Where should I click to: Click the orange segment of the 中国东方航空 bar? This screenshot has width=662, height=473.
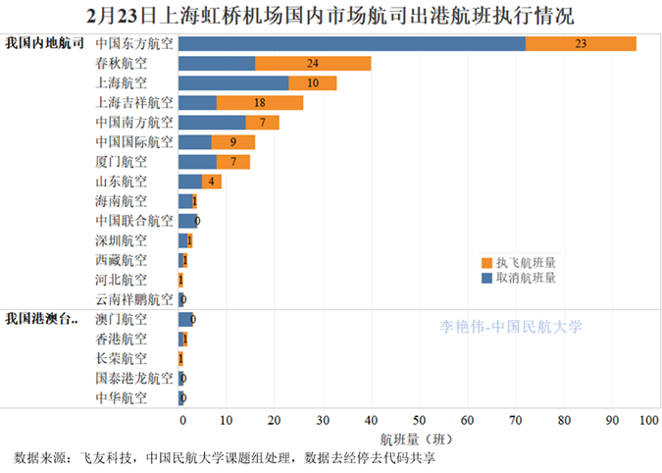pos(581,43)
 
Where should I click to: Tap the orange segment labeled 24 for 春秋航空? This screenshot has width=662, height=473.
pos(313,63)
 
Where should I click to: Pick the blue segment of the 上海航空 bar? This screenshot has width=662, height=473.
pos(233,82)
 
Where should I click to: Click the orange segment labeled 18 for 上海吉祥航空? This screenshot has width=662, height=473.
pos(260,102)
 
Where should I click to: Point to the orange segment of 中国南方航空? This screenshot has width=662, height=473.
pos(263,122)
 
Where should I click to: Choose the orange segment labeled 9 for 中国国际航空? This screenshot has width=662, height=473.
pos(233,141)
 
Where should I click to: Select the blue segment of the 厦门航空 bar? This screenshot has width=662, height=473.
pos(197,161)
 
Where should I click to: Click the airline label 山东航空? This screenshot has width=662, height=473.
pos(122,182)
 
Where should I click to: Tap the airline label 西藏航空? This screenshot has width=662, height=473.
pos(122,260)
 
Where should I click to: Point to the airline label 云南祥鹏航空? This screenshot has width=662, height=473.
pos(134,299)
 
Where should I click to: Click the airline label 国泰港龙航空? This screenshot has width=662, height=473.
pos(134,378)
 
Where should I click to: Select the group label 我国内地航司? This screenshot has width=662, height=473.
pos(44,43)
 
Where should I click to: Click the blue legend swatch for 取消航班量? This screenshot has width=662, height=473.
pos(487,278)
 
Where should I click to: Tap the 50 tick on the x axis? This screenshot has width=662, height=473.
pos(419,420)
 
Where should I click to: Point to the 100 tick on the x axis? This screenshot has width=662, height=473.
pos(647,420)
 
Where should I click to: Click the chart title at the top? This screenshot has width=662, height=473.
pos(331,15)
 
